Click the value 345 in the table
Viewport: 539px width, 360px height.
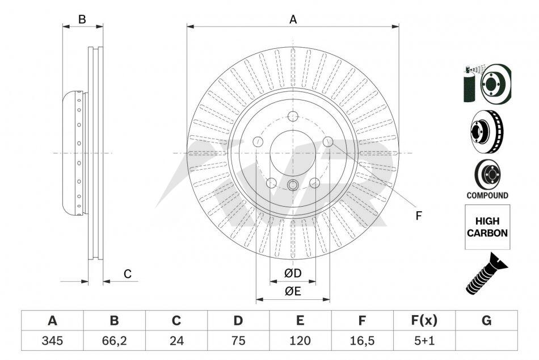click(x=52, y=340)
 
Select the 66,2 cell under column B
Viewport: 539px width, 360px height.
click(x=114, y=341)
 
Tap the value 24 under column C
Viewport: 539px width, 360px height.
click(x=176, y=340)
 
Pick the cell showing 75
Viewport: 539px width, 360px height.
click(x=238, y=340)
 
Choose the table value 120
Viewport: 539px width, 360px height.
click(x=300, y=340)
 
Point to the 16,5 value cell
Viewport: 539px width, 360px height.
click(x=362, y=341)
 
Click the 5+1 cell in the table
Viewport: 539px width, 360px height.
click(x=424, y=340)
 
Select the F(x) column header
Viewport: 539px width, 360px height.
click(x=424, y=320)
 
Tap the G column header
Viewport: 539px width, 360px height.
click(x=486, y=320)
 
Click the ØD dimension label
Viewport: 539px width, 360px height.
click(x=293, y=273)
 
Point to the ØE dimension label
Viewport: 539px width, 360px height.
click(x=293, y=291)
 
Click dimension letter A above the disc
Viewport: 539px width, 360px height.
click(x=293, y=19)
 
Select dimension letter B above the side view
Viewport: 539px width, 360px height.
click(x=82, y=19)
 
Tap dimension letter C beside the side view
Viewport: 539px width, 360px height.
click(x=128, y=274)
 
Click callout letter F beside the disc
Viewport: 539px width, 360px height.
click(x=418, y=216)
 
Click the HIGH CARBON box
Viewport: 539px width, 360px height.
click(x=487, y=227)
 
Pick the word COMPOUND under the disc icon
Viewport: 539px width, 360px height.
click(x=487, y=195)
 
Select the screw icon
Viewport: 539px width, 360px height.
click(x=486, y=273)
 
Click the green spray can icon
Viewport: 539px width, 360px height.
click(x=470, y=84)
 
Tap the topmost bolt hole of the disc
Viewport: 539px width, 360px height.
click(x=293, y=116)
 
